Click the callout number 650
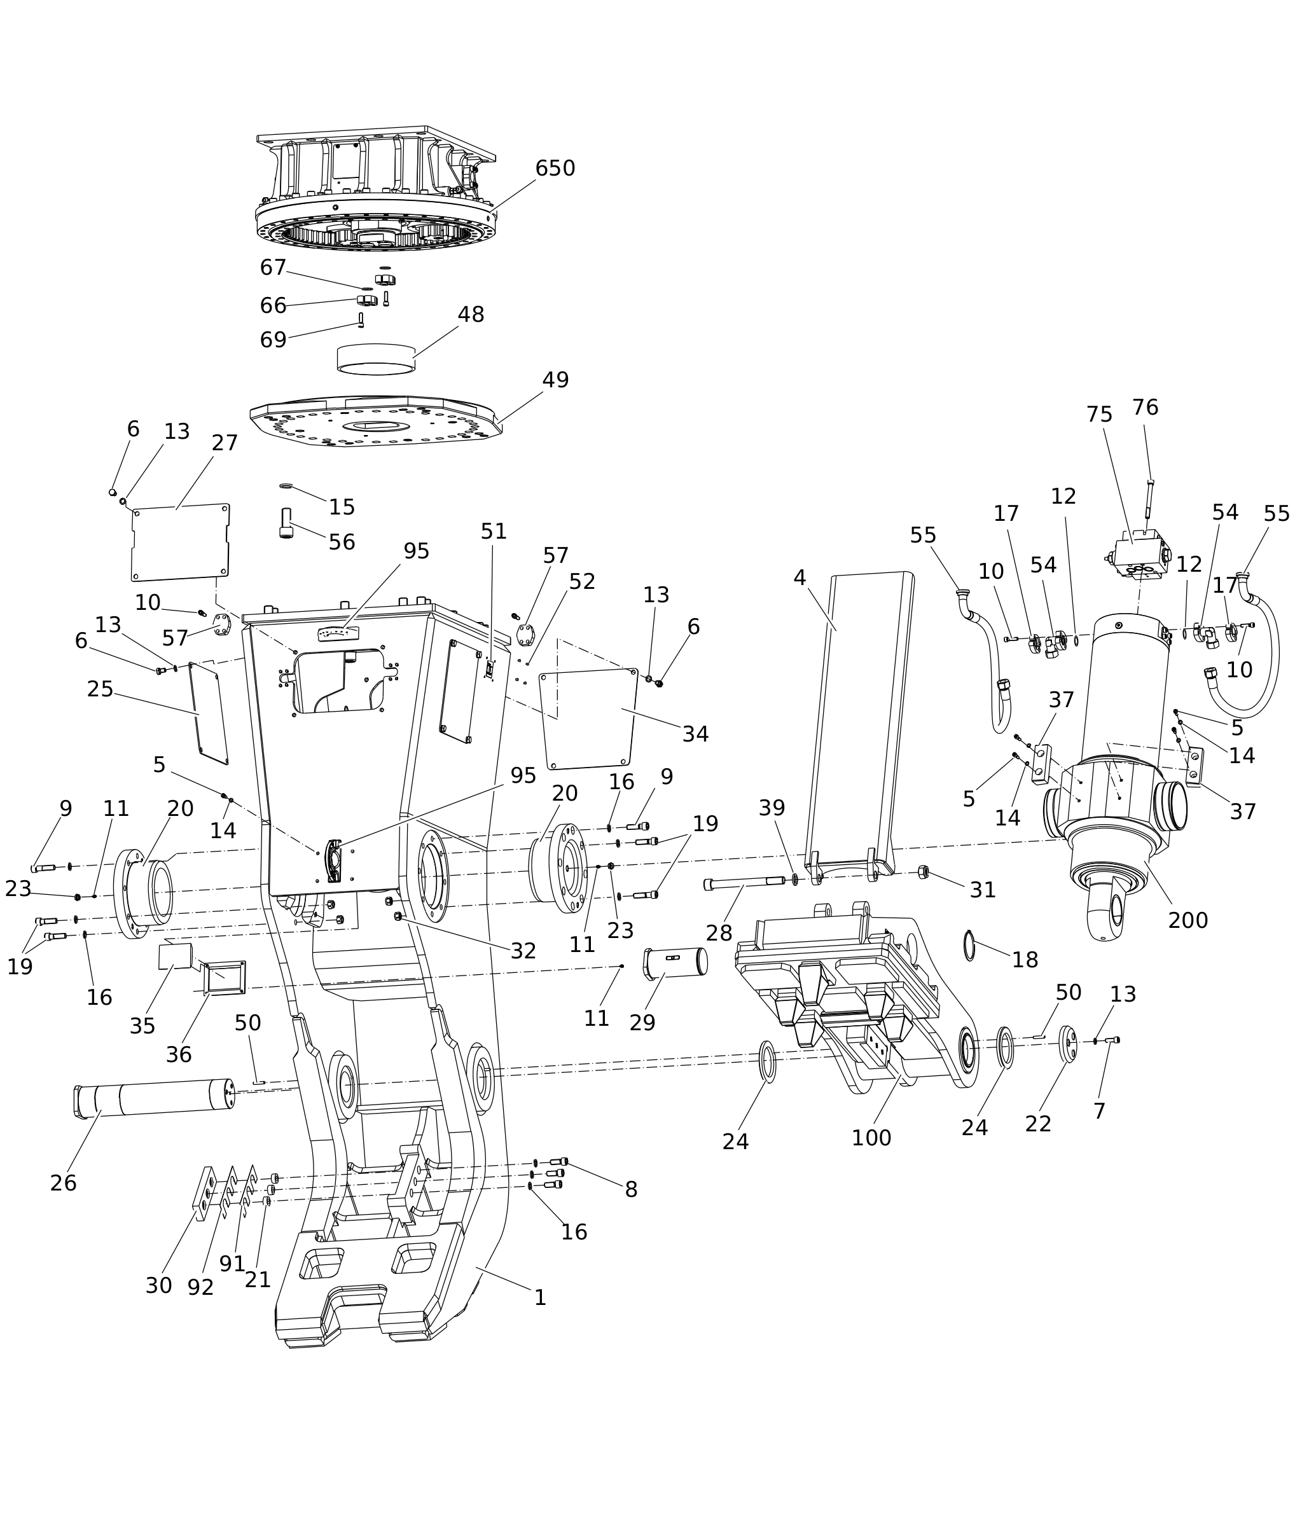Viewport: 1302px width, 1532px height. click(x=555, y=169)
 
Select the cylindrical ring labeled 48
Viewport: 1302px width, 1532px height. click(x=377, y=359)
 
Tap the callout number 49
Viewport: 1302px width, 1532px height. click(x=556, y=380)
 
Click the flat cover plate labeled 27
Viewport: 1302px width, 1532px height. click(x=181, y=542)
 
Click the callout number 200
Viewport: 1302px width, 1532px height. click(x=1188, y=920)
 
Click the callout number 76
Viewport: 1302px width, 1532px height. click(x=1146, y=408)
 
